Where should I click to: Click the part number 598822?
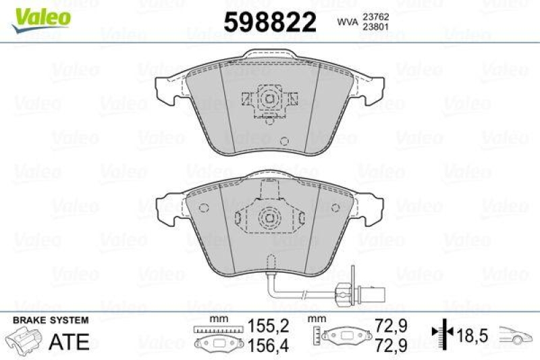[x=269, y=23]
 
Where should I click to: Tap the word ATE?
[x=70, y=341]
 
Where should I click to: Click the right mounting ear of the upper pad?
[x=373, y=89]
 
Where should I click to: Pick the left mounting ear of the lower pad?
[x=165, y=209]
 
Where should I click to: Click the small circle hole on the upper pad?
[x=284, y=142]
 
